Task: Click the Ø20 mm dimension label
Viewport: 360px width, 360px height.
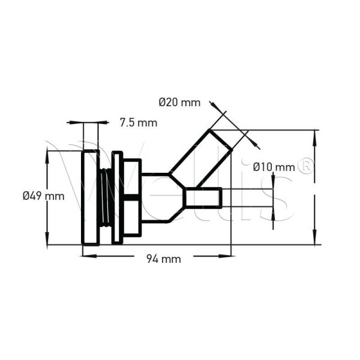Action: pyautogui.click(x=179, y=103)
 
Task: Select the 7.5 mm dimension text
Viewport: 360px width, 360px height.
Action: pyautogui.click(x=138, y=123)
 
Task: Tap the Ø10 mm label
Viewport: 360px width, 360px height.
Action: pyautogui.click(x=274, y=166)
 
